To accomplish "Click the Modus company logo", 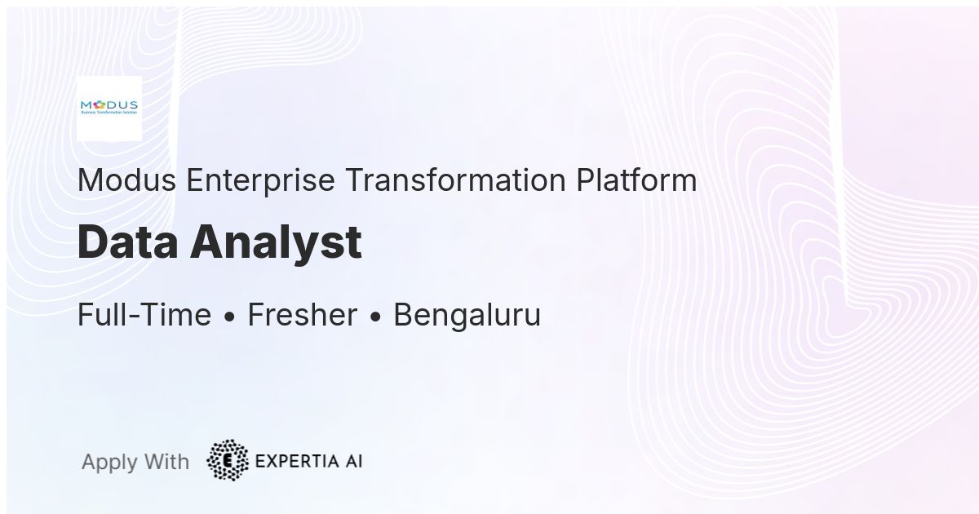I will (x=109, y=108).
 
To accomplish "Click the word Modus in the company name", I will (x=126, y=180).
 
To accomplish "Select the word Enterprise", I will (x=260, y=180).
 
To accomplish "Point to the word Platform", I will (x=636, y=180).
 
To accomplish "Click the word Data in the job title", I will (x=128, y=242).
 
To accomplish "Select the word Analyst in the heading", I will (x=277, y=242).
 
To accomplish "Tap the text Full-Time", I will (x=144, y=315).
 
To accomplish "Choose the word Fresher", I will (x=302, y=315).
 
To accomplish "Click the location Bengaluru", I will (x=467, y=315).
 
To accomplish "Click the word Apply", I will (x=109, y=463).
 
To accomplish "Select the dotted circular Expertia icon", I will (x=228, y=460).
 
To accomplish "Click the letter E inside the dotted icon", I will (x=228, y=461).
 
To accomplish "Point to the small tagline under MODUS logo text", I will (x=109, y=113).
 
